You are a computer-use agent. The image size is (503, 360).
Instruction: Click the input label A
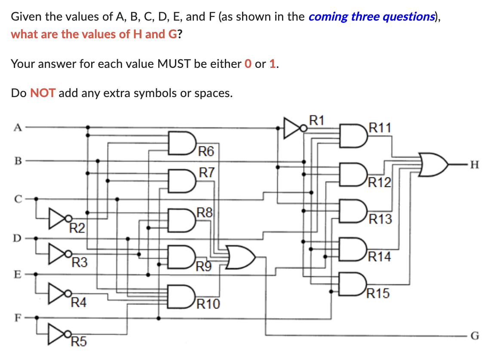tap(17, 127)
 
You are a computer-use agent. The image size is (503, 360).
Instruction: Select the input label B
tap(17, 161)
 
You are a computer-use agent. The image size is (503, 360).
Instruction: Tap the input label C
tap(17, 199)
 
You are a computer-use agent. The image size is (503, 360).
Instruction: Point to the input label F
tap(17, 318)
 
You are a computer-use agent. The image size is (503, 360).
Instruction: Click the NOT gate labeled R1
tap(295, 127)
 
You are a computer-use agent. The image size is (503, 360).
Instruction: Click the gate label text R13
tap(380, 219)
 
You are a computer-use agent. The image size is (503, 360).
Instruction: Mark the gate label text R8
tap(204, 212)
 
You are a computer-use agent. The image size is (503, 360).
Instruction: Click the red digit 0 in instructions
tap(247, 64)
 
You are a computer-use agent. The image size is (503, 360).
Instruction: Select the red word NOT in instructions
tap(43, 93)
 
